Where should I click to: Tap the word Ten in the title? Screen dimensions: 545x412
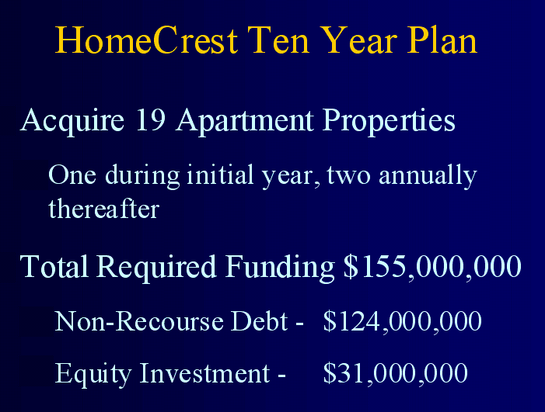pyautogui.click(x=278, y=40)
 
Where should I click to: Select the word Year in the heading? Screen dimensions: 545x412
pyautogui.click(x=358, y=40)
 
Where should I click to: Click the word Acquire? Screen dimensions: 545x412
pyautogui.click(x=72, y=121)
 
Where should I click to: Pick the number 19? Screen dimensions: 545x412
pyautogui.click(x=151, y=119)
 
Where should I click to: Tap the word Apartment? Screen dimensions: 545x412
pyautogui.click(x=245, y=121)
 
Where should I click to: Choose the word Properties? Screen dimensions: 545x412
pyautogui.click(x=389, y=121)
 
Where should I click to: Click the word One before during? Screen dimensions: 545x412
pyautogui.click(x=72, y=175)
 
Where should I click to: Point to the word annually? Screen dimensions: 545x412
pyautogui.click(x=428, y=176)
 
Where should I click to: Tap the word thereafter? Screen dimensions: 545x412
pyautogui.click(x=104, y=209)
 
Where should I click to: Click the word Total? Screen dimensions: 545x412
pyautogui.click(x=54, y=266)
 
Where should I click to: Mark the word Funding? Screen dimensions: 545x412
pyautogui.click(x=280, y=268)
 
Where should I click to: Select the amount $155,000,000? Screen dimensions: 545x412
pyautogui.click(x=432, y=267)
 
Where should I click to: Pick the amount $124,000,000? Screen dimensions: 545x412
pyautogui.click(x=403, y=321)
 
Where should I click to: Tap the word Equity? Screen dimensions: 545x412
pyautogui.click(x=93, y=374)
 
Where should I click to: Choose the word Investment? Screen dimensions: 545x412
pyautogui.click(x=205, y=372)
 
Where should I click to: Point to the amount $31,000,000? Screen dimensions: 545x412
pyautogui.click(x=396, y=373)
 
